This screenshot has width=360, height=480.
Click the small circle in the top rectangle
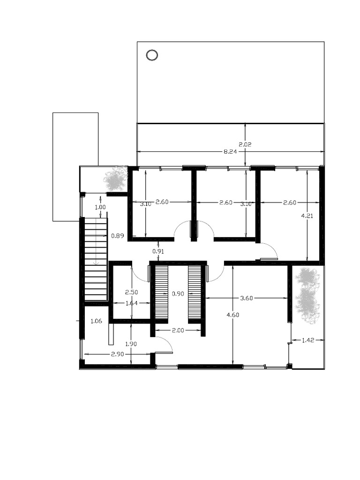click(152, 55)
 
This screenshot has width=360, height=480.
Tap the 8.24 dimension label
click(230, 151)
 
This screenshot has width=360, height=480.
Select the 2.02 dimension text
click(245, 144)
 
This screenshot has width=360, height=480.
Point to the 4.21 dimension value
click(307, 216)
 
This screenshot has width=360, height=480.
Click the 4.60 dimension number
click(232, 315)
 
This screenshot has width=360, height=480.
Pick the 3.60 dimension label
click(247, 298)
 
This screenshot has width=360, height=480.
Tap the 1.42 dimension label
click(308, 340)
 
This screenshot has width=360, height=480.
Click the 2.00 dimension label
click(178, 330)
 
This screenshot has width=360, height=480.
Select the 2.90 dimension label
click(117, 354)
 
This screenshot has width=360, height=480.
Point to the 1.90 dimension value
click(131, 344)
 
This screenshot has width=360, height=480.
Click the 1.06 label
click(96, 321)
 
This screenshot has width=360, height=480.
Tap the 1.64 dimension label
click(132, 303)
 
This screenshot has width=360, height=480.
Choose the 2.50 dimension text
click(132, 292)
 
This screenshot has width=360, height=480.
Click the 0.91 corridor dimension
click(158, 252)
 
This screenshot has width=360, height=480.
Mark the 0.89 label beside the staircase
click(118, 236)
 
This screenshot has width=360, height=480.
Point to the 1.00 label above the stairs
click(100, 207)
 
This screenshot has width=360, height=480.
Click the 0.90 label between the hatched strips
click(178, 294)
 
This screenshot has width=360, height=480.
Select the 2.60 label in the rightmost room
click(290, 202)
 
